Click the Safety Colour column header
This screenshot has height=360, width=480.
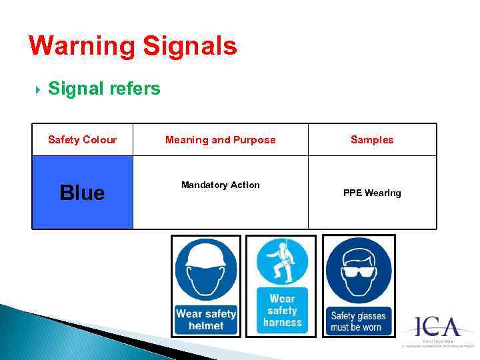coord(82,139)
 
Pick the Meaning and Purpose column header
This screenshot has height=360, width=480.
coord(220,139)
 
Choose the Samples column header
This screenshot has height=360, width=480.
coord(372,139)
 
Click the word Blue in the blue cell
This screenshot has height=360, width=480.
coord(82,193)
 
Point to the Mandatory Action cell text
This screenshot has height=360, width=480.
coord(220,185)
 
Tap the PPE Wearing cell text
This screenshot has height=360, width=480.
coord(372,193)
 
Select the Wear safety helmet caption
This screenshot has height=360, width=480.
coord(206,319)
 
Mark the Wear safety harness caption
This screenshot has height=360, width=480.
coord(282,311)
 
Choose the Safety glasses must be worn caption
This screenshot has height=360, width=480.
coord(358,321)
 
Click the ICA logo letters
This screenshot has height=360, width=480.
coord(438,327)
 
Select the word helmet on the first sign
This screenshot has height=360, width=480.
coord(206,325)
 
